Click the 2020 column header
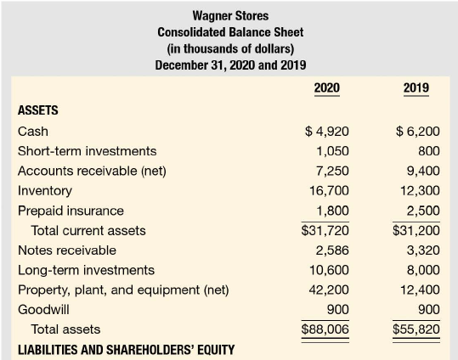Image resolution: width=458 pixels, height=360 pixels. tap(327, 87)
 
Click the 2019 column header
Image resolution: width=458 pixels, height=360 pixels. tap(416, 87)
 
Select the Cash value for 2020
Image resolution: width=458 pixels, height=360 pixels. tap(327, 132)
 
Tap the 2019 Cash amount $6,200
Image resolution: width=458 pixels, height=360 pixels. tap(418, 132)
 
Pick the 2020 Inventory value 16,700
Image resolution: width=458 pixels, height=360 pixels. tap(329, 191)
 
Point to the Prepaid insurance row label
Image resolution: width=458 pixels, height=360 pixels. tap(71, 211)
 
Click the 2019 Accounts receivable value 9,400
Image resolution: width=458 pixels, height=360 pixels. tap(423, 171)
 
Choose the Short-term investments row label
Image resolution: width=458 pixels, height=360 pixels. tap(87, 151)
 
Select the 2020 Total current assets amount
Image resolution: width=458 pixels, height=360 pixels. tap(325, 230)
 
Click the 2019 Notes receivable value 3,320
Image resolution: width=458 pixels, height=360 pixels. tap(423, 250)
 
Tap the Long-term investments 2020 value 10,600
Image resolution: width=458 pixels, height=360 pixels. tap(329, 270)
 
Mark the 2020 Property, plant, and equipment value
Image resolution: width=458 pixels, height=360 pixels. tap(329, 290)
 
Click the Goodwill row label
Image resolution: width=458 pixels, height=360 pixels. tap(43, 310)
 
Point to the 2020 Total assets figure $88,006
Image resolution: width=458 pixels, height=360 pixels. tap(325, 329)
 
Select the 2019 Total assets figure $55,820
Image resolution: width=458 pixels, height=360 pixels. tap(416, 329)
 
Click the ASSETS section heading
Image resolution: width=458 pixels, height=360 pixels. tap(38, 110)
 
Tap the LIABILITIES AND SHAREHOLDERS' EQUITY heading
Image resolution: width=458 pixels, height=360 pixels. tap(126, 350)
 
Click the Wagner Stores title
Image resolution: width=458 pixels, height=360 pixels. tap(230, 16)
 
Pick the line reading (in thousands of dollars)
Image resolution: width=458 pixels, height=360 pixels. tap(230, 48)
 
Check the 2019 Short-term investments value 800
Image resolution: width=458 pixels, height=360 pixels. tap(429, 151)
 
